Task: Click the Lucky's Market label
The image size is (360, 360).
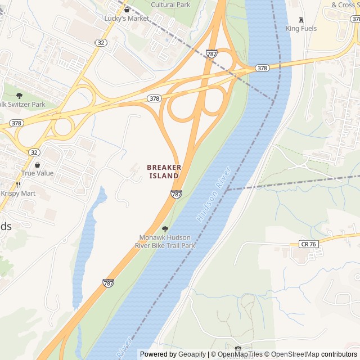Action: tap(127, 18)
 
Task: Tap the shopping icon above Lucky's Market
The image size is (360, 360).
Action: tap(127, 10)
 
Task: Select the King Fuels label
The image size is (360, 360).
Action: tap(301, 28)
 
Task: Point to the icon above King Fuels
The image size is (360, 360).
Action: tap(301, 20)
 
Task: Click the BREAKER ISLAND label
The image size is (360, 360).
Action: tap(164, 172)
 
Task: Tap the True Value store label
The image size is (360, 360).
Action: tap(38, 173)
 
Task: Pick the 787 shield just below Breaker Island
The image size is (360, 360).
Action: tap(176, 194)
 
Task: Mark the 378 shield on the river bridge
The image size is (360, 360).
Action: tap(262, 68)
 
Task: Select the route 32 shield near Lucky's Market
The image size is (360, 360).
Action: tap(100, 42)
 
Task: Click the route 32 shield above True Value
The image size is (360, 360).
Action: tap(34, 152)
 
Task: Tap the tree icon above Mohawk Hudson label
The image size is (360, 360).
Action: tap(165, 229)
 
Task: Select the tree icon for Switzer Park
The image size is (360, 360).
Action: tap(20, 96)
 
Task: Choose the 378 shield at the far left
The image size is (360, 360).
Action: tap(16, 123)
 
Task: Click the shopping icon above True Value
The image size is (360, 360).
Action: tap(38, 165)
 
